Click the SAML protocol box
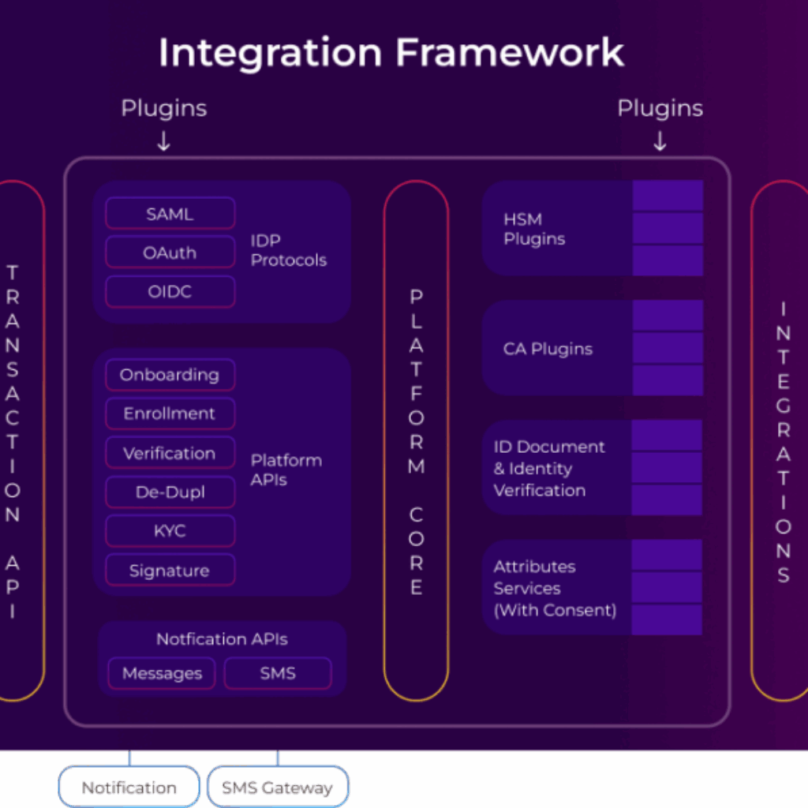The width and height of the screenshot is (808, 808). pos(170,214)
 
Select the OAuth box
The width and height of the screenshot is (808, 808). pos(170,253)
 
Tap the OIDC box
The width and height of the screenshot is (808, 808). pos(170,292)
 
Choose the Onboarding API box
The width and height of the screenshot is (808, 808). pos(170,375)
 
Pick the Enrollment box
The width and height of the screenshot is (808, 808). pos(170,413)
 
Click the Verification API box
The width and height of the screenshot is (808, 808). pos(170,453)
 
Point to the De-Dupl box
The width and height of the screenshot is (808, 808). pos(170,492)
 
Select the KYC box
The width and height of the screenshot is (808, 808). pos(170,531)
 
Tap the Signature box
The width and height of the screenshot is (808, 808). pos(170,570)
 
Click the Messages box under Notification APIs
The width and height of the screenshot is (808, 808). pos(162,674)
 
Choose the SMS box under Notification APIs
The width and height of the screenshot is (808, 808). pos(278,674)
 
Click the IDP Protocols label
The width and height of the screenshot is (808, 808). pos(289,250)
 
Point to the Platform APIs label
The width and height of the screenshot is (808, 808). pos(286,469)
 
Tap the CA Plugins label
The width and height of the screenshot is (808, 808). pos(548,349)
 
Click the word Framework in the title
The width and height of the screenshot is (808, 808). pos(510,53)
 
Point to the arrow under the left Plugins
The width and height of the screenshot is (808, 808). pos(163,141)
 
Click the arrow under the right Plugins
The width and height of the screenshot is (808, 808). pos(660,141)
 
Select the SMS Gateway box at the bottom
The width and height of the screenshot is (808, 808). pos(277,787)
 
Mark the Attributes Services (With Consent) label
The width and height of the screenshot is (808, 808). pos(555,588)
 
